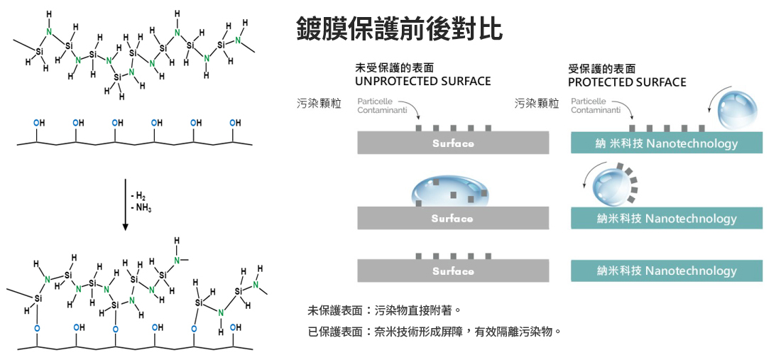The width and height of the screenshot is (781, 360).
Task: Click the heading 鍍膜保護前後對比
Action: (x=399, y=29)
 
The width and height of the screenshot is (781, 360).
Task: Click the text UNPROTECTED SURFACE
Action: (x=422, y=81)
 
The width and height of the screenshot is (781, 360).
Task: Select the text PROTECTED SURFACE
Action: (x=627, y=82)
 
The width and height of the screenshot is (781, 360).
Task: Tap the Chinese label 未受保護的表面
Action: (x=394, y=68)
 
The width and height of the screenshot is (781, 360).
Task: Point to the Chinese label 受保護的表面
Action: (x=601, y=68)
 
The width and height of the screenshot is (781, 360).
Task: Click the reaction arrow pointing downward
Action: (x=125, y=206)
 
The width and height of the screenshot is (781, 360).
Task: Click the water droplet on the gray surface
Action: (x=450, y=190)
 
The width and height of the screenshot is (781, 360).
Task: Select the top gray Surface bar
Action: (x=453, y=143)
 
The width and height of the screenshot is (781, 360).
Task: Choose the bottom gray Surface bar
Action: (x=453, y=271)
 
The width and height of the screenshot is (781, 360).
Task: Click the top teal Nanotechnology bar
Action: (x=667, y=143)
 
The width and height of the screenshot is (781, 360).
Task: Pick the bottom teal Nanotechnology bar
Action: (x=667, y=271)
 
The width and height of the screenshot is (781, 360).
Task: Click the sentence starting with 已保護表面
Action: (x=435, y=331)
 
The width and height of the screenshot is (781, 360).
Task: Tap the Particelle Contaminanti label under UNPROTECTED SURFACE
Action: (x=383, y=106)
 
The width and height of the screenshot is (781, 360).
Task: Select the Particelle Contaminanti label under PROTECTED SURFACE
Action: (x=596, y=106)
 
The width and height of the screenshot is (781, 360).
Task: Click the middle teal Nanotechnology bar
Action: (x=667, y=219)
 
